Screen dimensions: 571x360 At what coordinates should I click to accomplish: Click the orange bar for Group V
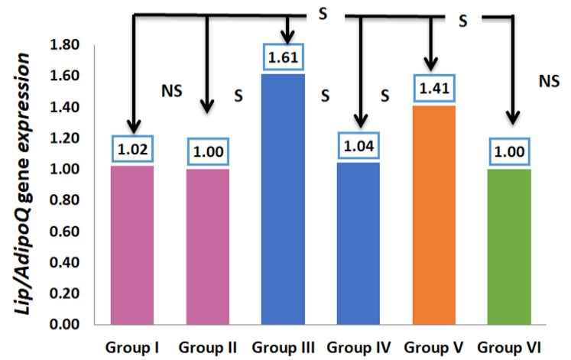(x=433, y=215)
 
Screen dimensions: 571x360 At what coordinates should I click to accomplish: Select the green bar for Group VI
(x=509, y=246)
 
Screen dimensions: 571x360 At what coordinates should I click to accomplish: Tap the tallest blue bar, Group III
(x=283, y=199)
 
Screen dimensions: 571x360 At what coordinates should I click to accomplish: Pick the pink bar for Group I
(x=132, y=245)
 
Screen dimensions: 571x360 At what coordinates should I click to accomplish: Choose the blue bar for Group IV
(x=358, y=243)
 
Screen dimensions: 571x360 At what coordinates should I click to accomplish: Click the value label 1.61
(x=283, y=57)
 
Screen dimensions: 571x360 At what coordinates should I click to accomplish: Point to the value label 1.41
(x=434, y=88)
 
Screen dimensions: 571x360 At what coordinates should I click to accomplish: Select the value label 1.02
(x=132, y=149)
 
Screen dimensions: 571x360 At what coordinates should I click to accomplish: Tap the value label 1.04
(x=358, y=145)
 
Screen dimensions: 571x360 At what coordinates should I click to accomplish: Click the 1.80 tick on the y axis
(x=64, y=44)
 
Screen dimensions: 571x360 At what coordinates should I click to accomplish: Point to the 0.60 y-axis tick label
(x=64, y=231)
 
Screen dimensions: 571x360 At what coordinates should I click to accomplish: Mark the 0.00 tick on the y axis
(x=64, y=324)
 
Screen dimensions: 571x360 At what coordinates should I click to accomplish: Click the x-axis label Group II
(x=208, y=348)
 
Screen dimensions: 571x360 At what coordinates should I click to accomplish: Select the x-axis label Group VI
(x=509, y=348)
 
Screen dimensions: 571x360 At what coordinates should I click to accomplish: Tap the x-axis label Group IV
(x=358, y=348)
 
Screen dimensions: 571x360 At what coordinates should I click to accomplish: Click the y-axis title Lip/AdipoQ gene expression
(x=23, y=184)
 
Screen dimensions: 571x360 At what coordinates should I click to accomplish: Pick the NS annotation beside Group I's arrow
(x=171, y=91)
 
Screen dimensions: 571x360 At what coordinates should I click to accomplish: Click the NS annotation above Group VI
(x=549, y=81)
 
